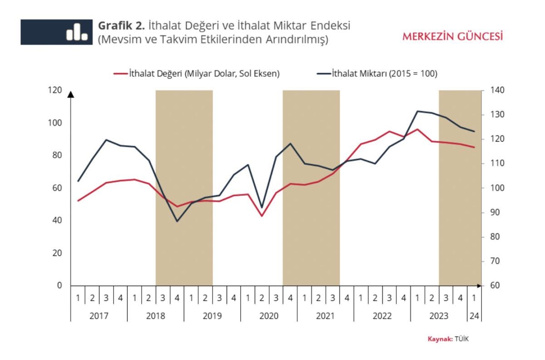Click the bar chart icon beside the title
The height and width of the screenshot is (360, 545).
[x=77, y=32]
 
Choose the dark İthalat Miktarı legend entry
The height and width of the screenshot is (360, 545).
[x=377, y=74]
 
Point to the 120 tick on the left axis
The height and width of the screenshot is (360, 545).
[x=54, y=90]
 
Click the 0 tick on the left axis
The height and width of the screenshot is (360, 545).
[x=59, y=286]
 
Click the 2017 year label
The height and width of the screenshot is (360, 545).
[x=99, y=316]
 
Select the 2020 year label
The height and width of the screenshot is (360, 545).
[x=269, y=316]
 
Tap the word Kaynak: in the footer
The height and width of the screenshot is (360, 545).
[x=440, y=339]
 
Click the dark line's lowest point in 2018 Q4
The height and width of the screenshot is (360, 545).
[x=177, y=221]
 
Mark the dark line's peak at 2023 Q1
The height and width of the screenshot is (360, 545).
[x=417, y=111]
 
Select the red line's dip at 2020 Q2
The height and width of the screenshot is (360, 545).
[x=262, y=216]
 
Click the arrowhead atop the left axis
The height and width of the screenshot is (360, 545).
[x=70, y=94]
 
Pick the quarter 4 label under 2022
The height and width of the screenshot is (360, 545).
[x=403, y=298]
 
